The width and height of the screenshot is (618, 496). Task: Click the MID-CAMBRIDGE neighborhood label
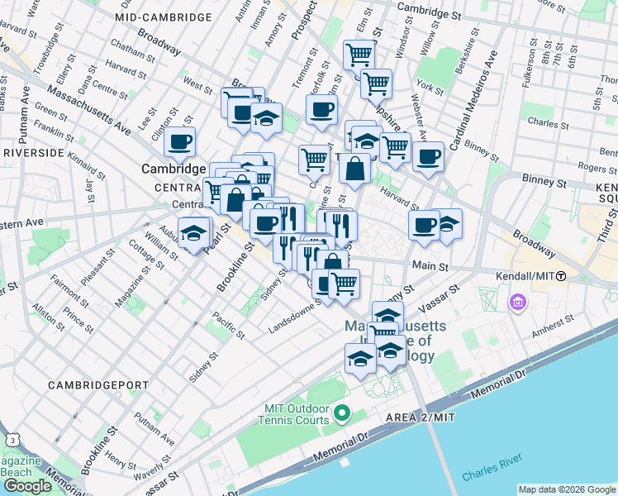[163, 17]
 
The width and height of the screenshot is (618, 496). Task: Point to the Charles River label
[492, 475]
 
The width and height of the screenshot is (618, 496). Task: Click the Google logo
[26, 486]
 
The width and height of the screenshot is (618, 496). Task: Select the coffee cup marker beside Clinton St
[179, 141]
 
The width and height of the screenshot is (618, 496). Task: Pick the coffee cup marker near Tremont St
[321, 108]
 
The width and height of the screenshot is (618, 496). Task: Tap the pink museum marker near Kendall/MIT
[518, 303]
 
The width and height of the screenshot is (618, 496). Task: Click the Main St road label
[430, 267]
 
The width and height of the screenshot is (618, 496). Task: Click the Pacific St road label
[226, 324]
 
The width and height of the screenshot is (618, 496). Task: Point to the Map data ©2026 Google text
[566, 489]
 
